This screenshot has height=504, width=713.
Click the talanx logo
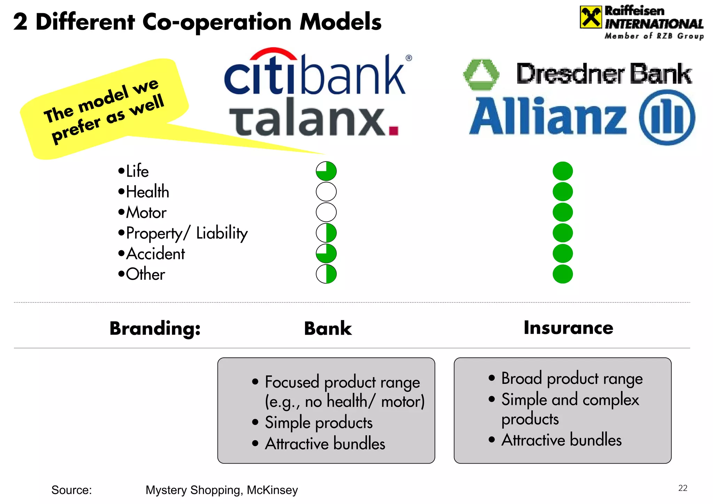pyautogui.click(x=313, y=118)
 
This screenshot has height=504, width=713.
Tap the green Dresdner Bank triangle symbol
pyautogui.click(x=481, y=75)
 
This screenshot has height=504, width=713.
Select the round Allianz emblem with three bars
pyautogui.click(x=667, y=117)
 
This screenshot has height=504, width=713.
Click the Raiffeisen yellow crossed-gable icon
pyautogui.click(x=590, y=17)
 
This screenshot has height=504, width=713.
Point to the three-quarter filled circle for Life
pyautogui.click(x=326, y=171)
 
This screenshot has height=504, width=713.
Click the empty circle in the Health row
pyautogui.click(x=326, y=192)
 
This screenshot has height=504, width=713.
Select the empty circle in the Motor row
pyautogui.click(x=326, y=212)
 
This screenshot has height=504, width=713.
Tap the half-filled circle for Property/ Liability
pyautogui.click(x=326, y=233)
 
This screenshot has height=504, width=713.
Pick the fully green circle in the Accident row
pyautogui.click(x=563, y=253)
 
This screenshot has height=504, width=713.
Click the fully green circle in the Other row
pyautogui.click(x=563, y=274)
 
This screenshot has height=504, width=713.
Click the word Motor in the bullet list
pyautogui.click(x=146, y=212)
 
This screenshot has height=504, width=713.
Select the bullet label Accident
pyautogui.click(x=155, y=254)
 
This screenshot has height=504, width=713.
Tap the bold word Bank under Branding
pyautogui.click(x=328, y=328)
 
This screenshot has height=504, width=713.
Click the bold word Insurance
pyautogui.click(x=568, y=327)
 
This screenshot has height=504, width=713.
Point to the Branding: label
pyautogui.click(x=155, y=328)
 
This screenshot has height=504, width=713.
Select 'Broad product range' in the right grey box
pyautogui.click(x=572, y=378)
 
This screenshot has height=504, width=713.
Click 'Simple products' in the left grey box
pyautogui.click(x=318, y=422)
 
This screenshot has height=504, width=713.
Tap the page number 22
pyautogui.click(x=683, y=488)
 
